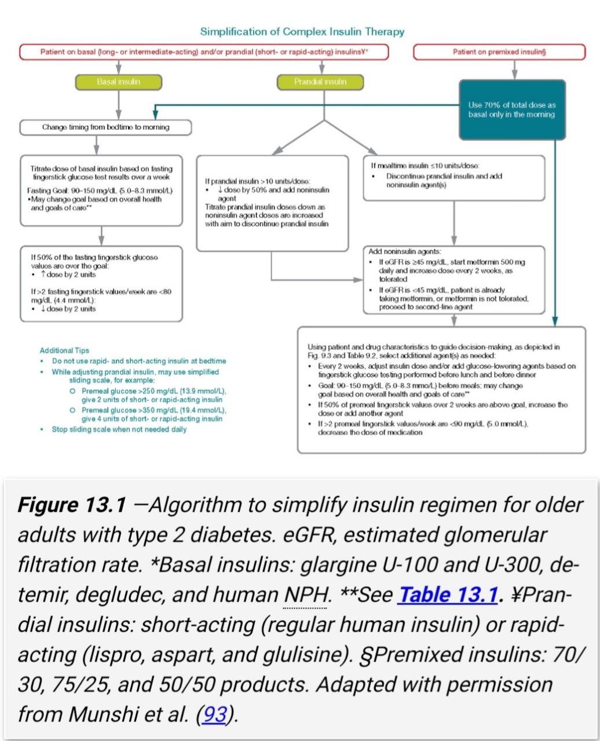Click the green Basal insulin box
(118, 82)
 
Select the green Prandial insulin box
(320, 82)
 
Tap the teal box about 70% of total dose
(511, 109)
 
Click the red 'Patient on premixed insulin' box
(499, 52)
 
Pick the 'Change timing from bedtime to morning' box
(105, 127)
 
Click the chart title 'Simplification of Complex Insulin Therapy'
(302, 32)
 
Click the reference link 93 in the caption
(214, 714)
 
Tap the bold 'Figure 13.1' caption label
(72, 505)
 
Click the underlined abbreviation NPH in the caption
(305, 595)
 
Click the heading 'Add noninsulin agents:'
(404, 252)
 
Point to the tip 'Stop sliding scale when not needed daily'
(119, 430)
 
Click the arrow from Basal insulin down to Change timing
(118, 104)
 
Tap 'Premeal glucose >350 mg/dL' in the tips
(132, 410)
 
